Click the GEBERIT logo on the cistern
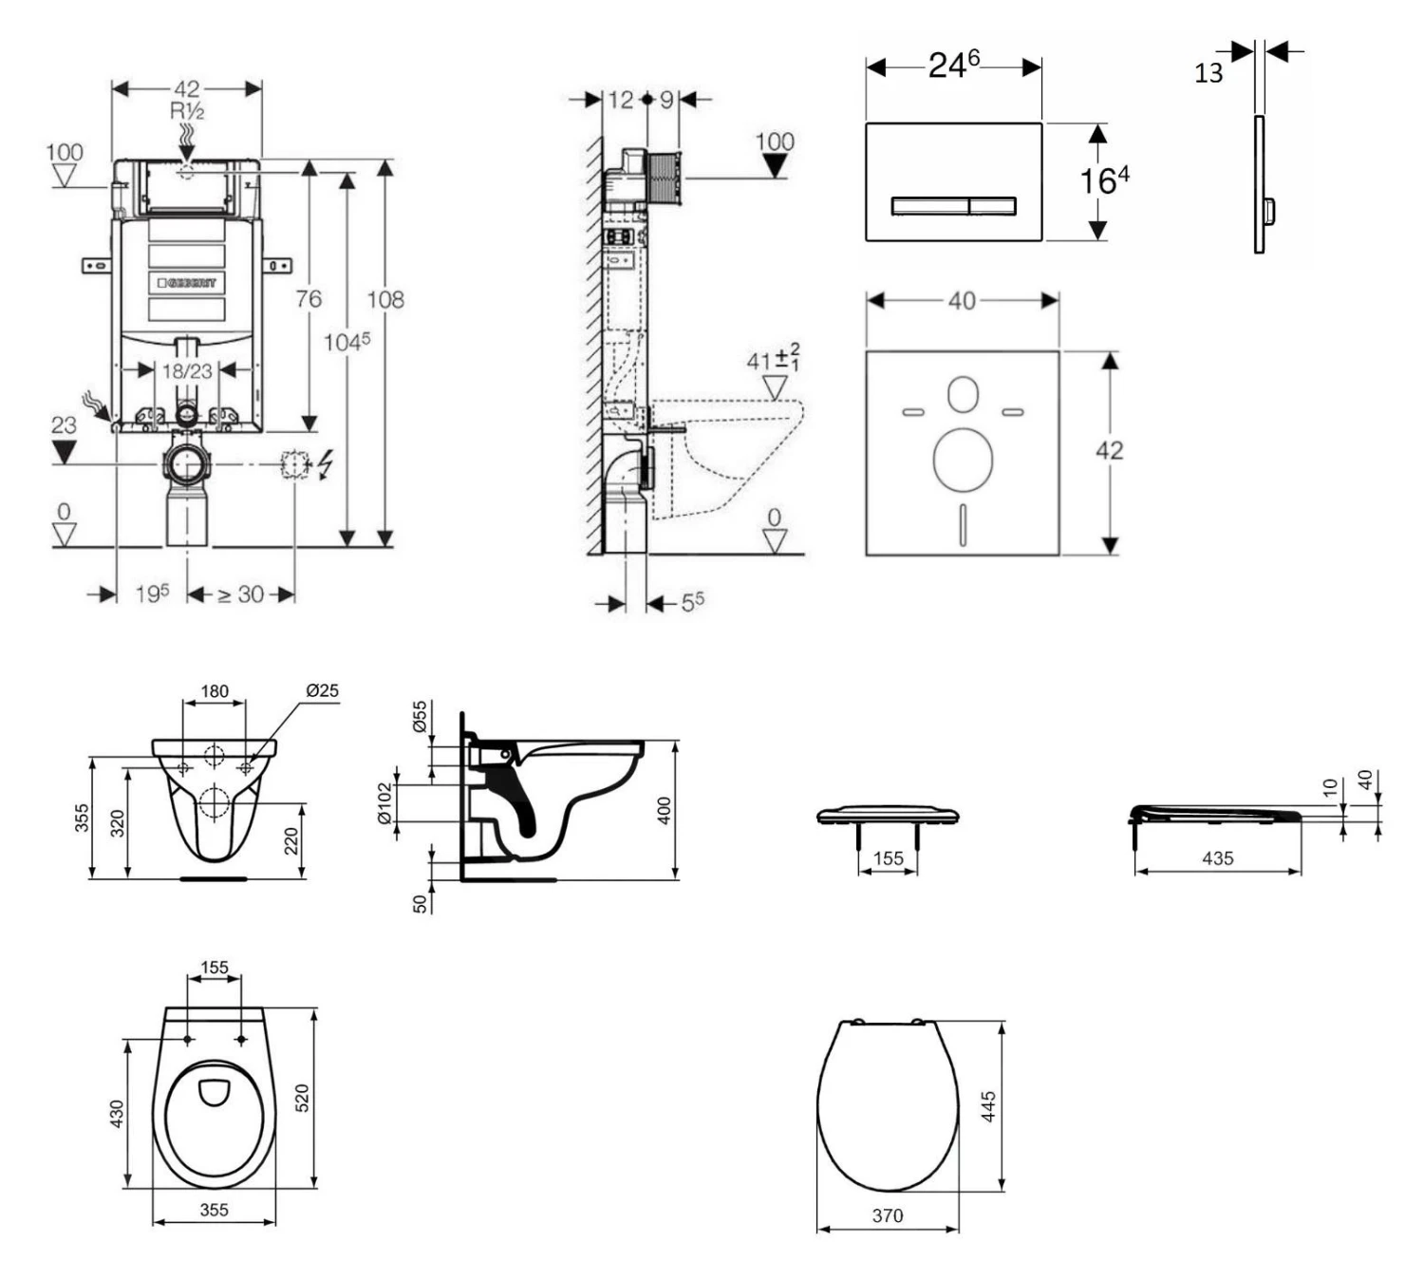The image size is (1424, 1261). (x=187, y=283)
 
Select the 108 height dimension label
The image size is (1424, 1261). (x=385, y=300)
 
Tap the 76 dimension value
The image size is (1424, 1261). (x=309, y=299)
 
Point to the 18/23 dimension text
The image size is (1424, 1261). (x=187, y=371)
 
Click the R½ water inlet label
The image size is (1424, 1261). (x=187, y=111)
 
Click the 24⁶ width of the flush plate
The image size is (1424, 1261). (x=953, y=66)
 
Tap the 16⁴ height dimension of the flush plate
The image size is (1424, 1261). (x=1104, y=179)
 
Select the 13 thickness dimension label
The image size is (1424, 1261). (x=1209, y=73)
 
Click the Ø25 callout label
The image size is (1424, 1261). (x=322, y=690)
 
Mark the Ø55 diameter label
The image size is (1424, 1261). (x=420, y=717)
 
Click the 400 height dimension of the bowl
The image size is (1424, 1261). (x=665, y=811)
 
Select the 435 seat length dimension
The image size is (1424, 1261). (x=1217, y=858)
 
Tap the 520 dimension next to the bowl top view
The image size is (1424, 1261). (x=303, y=1099)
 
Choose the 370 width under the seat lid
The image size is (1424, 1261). (x=888, y=1215)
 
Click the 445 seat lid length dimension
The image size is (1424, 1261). (x=988, y=1106)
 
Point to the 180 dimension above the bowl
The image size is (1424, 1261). (x=215, y=691)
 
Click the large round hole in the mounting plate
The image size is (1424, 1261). (x=963, y=461)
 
